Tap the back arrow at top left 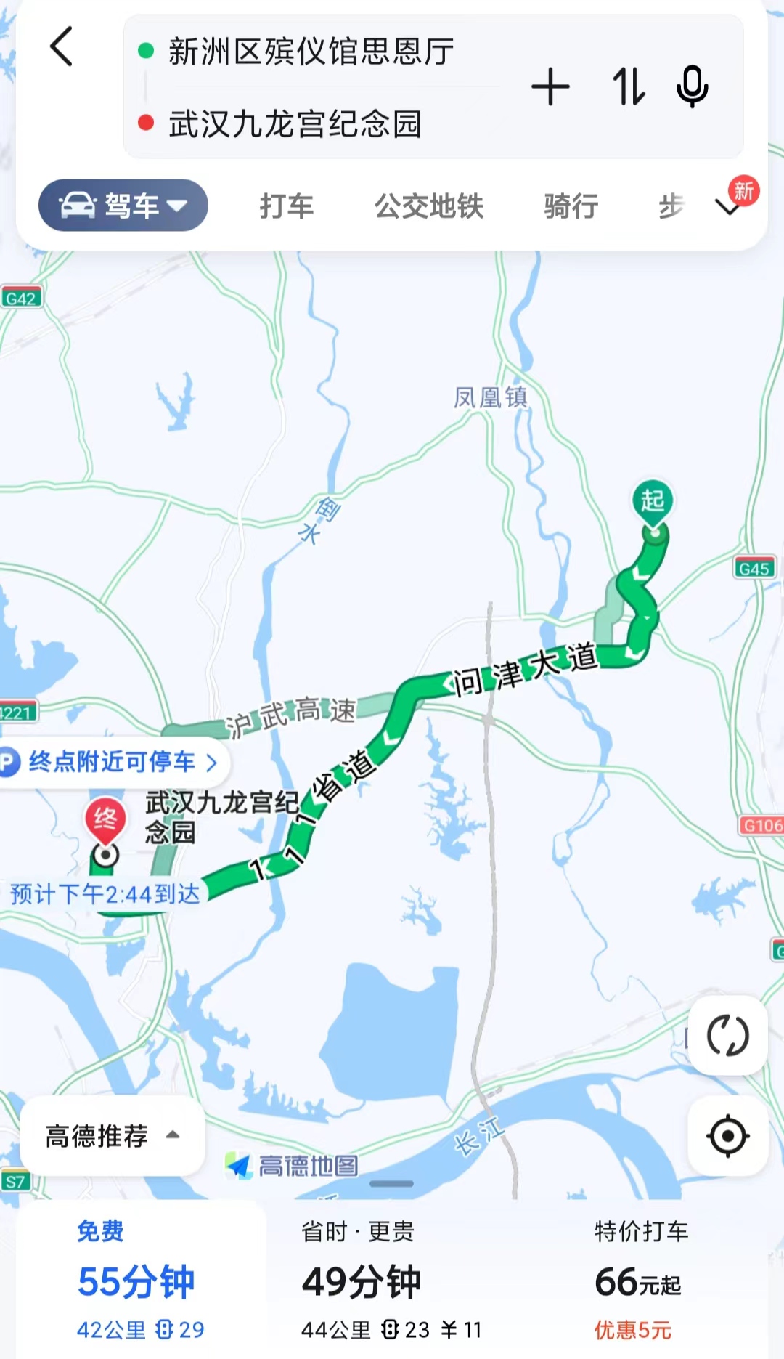click(x=62, y=47)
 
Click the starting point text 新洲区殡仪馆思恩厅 click(x=311, y=52)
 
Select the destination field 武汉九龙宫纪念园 click(x=295, y=123)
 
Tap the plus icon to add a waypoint click(x=550, y=87)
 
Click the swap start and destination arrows click(x=628, y=87)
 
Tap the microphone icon click(x=692, y=87)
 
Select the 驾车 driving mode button click(x=123, y=206)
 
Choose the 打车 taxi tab click(x=287, y=206)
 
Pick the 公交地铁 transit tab click(x=428, y=206)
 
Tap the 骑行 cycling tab click(x=571, y=206)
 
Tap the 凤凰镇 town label click(x=491, y=397)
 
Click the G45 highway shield click(x=754, y=569)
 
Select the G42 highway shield click(x=20, y=299)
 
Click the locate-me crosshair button click(x=727, y=1136)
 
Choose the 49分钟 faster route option click(x=362, y=1281)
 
